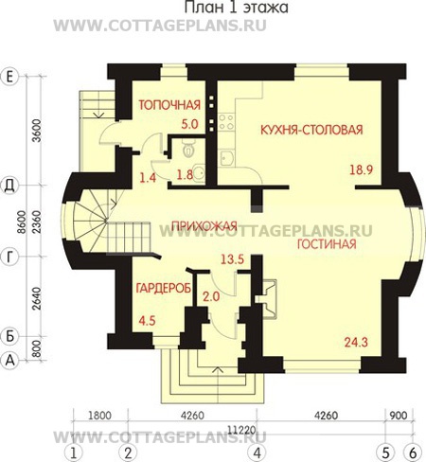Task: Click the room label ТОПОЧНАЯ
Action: tap(169, 105)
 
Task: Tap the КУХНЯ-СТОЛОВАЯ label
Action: tap(311, 130)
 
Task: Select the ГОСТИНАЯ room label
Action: tap(327, 244)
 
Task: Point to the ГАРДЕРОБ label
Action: tap(164, 288)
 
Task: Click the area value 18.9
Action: tap(362, 169)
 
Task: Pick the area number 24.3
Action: tap(356, 342)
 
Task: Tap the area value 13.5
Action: tap(232, 259)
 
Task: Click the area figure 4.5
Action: tap(147, 321)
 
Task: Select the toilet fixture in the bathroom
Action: tap(188, 149)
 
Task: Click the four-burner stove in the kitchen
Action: tap(226, 121)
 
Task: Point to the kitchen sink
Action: tap(226, 158)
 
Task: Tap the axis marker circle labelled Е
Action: tap(10, 76)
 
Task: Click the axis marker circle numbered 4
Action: tap(257, 453)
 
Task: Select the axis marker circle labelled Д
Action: tap(10, 186)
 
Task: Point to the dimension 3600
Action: tap(37, 131)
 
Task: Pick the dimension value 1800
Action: tap(100, 416)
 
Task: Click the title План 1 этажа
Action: tap(236, 8)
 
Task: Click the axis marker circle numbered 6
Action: tap(414, 453)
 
